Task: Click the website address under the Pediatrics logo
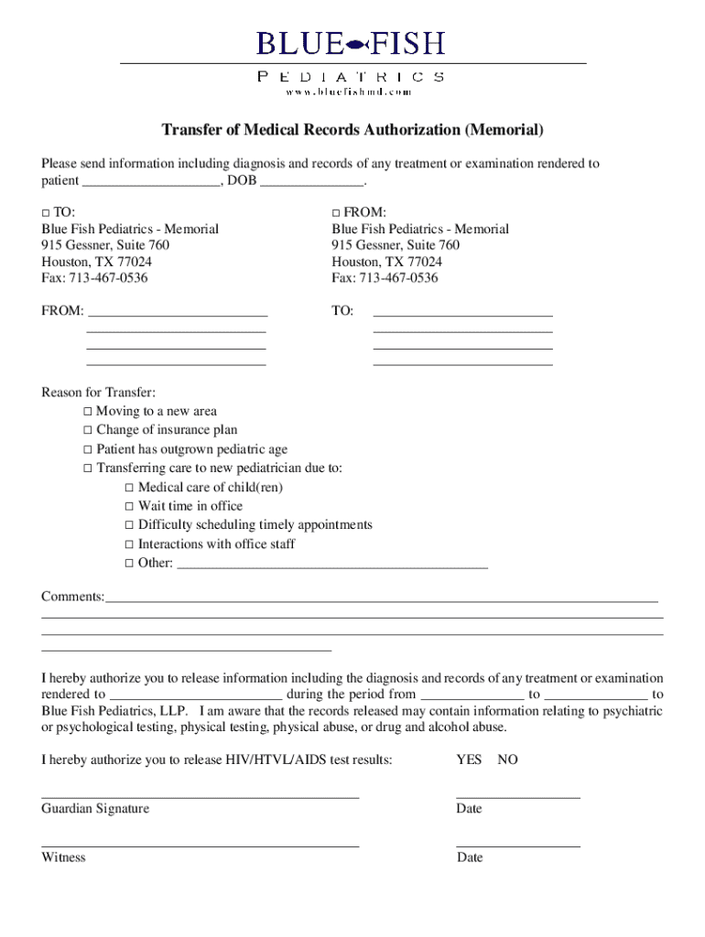pos(348,92)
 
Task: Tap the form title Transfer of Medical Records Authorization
pos(352,130)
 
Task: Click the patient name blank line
pos(150,180)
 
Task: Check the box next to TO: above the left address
pos(46,212)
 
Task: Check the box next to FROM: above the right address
pos(337,212)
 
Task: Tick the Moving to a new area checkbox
pos(88,412)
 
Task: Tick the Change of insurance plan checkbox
pos(88,430)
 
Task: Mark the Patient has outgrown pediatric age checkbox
pos(88,449)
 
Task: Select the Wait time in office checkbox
pos(130,506)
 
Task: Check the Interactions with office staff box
pos(130,544)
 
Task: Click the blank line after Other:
pos(331,564)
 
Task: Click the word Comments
pos(72,597)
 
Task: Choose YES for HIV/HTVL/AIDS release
pos(469,759)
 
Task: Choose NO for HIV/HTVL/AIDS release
pos(507,759)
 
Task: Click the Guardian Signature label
pos(95,809)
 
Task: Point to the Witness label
pos(63,857)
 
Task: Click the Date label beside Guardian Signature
pos(469,809)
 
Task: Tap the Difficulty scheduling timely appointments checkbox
pos(130,525)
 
